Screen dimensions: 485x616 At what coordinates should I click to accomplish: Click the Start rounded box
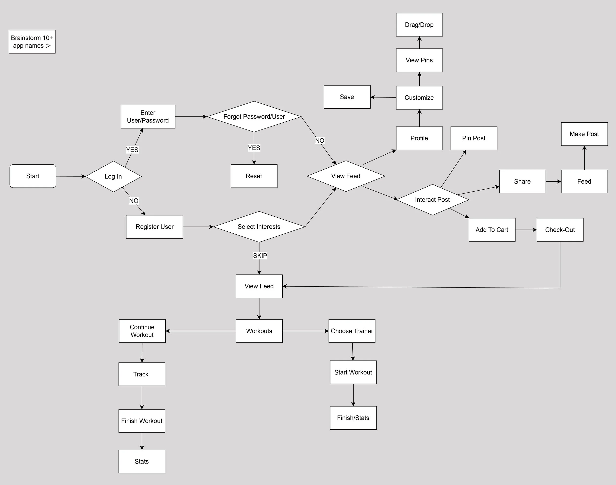tap(33, 176)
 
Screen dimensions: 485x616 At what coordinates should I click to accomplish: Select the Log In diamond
tap(113, 176)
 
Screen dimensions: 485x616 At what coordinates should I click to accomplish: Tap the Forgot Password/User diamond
tap(254, 117)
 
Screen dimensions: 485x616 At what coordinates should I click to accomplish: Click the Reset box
tap(254, 176)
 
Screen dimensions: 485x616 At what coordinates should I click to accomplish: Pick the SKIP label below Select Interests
tap(260, 256)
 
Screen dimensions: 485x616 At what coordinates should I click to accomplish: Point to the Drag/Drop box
tap(419, 25)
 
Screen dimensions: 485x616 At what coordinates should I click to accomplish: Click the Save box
tap(347, 97)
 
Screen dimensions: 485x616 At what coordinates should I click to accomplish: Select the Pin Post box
tap(474, 138)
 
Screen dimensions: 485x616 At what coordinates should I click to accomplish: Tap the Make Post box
tap(584, 134)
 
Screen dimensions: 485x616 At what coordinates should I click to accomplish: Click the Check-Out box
tap(560, 230)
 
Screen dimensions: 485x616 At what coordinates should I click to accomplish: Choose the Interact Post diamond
tap(432, 200)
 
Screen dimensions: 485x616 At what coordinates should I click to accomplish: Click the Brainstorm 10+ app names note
tap(32, 42)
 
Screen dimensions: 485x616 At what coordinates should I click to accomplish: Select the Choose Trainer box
tap(352, 331)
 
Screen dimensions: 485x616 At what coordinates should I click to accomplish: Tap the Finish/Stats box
tap(353, 418)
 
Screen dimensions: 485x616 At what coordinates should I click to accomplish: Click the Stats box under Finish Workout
tap(142, 461)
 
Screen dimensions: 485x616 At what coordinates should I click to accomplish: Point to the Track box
tap(142, 374)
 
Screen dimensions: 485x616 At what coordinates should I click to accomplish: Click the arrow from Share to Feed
tap(553, 181)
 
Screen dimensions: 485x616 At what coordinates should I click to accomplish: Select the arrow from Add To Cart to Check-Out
tap(526, 230)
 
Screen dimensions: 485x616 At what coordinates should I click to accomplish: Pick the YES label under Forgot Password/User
tap(254, 148)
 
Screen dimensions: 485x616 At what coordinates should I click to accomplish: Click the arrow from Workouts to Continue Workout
tap(201, 331)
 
